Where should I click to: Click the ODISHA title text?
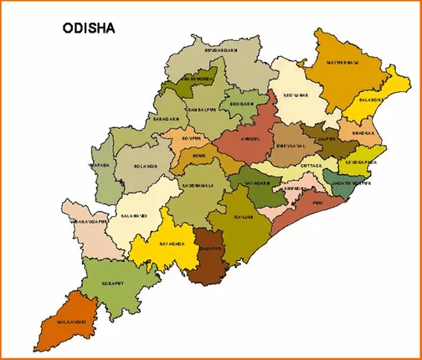tap(89, 28)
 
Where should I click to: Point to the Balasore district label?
tap(370, 99)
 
